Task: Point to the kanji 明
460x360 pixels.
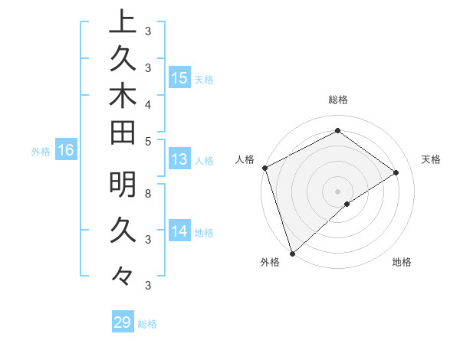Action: click(123, 185)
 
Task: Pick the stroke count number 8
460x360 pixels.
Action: click(147, 193)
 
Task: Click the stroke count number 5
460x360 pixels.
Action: click(147, 141)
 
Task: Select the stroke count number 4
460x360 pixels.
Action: click(147, 103)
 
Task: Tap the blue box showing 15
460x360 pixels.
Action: click(179, 78)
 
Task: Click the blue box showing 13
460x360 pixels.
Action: click(179, 159)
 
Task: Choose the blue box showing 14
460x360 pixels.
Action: click(179, 231)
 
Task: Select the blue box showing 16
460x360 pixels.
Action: click(65, 151)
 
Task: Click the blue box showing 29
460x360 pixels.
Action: click(123, 322)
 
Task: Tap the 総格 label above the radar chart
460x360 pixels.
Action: click(338, 100)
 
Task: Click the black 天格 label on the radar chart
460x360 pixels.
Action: click(432, 159)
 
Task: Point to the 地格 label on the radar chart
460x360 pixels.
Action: click(402, 262)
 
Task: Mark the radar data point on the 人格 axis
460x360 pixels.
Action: click(264, 168)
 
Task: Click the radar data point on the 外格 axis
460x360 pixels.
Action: click(292, 253)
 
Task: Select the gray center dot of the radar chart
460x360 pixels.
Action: click(337, 191)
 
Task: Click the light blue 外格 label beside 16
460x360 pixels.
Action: click(41, 152)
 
